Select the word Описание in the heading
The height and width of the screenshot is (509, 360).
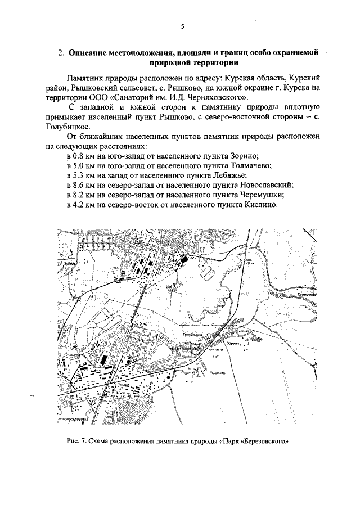tap(91, 53)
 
